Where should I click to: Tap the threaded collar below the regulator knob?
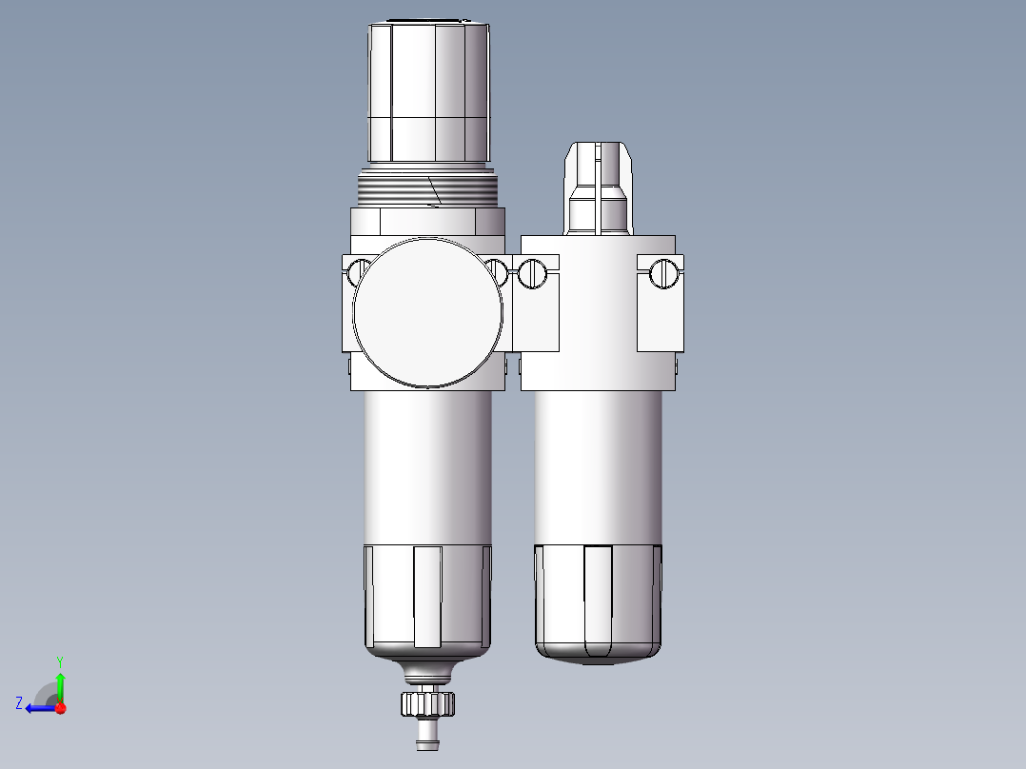click(x=428, y=187)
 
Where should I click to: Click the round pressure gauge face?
click(x=428, y=313)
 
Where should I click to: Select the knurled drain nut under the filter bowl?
click(x=428, y=704)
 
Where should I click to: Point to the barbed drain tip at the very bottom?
click(x=428, y=736)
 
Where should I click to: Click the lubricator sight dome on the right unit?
click(x=599, y=188)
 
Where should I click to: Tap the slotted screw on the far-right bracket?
click(x=664, y=273)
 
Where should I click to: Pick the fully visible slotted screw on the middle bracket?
click(x=532, y=273)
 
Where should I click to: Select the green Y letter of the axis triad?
click(x=60, y=661)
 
